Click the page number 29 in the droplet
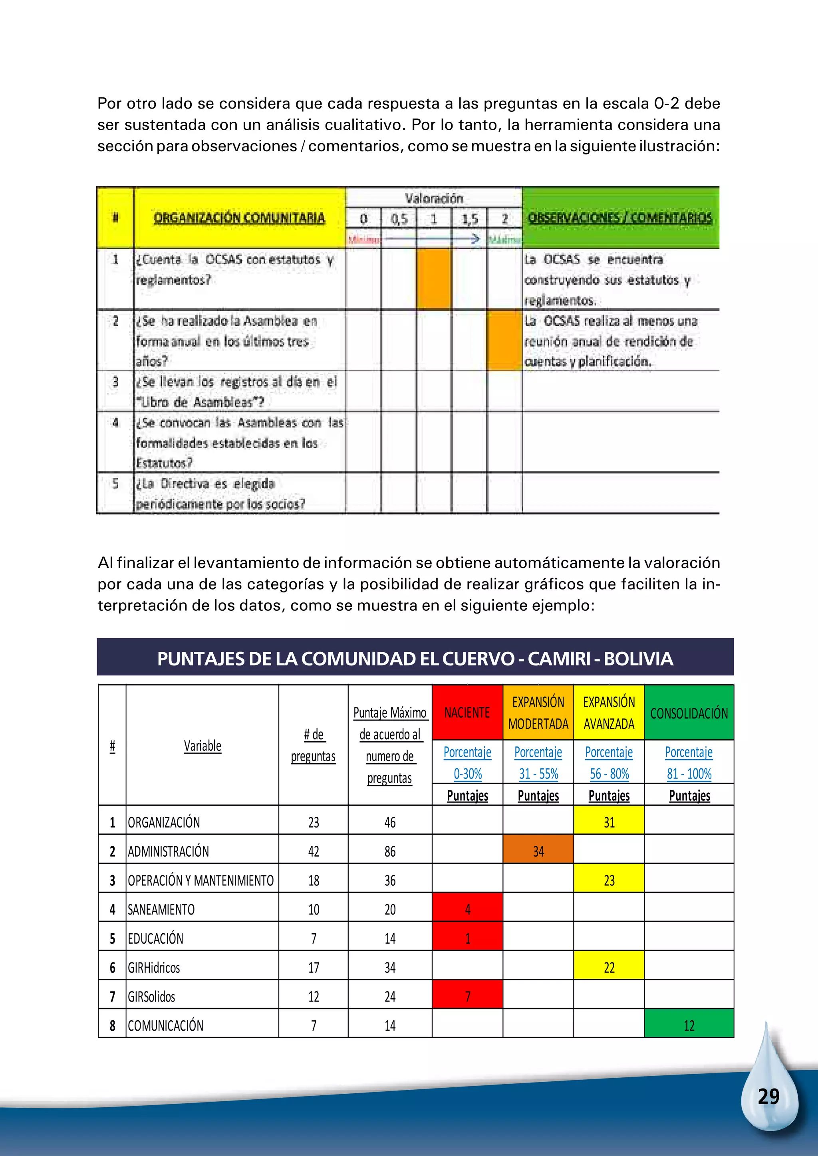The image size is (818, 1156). [x=768, y=1097]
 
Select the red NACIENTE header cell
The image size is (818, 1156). [x=467, y=713]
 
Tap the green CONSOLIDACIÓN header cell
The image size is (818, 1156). [x=689, y=713]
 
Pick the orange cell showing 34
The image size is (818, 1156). [x=538, y=851]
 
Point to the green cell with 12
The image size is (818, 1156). [x=689, y=1025]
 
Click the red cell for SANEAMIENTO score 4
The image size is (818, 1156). [x=467, y=909]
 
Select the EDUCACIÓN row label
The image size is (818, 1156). [x=156, y=938]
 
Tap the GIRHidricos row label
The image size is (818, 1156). [x=154, y=968]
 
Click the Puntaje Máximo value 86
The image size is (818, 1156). [x=390, y=851]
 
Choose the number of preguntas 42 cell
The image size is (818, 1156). [x=313, y=851]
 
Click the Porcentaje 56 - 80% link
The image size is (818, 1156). [x=609, y=763]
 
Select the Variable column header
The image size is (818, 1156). [x=202, y=746]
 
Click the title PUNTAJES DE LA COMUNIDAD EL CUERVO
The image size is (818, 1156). [x=415, y=659]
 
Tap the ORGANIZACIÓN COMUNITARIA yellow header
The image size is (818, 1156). [x=239, y=218]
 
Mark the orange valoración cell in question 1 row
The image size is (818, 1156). [x=434, y=279]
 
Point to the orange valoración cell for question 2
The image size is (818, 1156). [x=504, y=340]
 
